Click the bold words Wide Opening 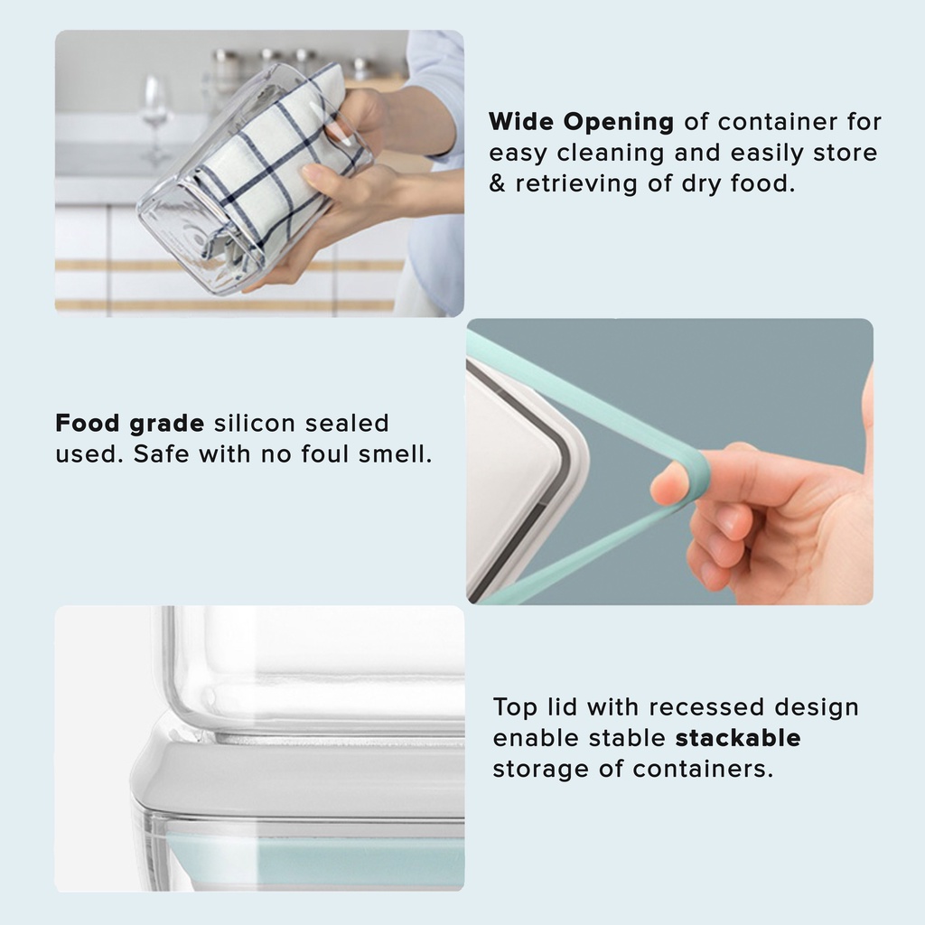click(581, 123)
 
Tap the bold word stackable click(738, 738)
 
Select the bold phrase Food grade click(130, 425)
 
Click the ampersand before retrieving click(498, 183)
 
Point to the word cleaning click(610, 154)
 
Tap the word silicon click(254, 424)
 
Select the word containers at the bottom click(703, 769)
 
